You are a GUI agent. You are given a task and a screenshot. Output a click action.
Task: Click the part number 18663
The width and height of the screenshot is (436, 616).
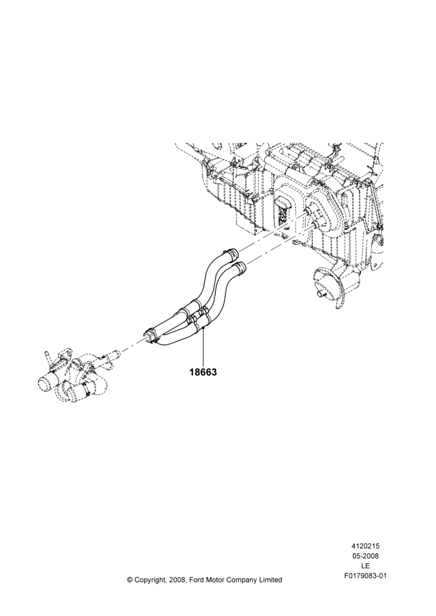203,371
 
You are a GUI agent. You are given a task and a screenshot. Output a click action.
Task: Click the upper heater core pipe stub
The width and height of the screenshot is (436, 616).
307,213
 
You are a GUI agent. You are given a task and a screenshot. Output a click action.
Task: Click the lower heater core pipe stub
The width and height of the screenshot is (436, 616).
315,224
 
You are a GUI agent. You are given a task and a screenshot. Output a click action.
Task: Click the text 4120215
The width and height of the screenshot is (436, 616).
365,546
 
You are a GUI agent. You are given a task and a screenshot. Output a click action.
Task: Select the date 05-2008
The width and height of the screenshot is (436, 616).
365,556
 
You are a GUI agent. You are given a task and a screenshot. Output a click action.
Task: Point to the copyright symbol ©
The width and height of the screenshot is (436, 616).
129,580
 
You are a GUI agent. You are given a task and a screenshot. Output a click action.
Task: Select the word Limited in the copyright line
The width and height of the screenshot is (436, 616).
270,580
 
